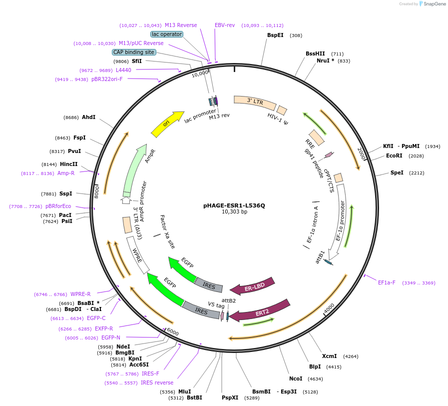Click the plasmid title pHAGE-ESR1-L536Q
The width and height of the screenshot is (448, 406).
pos(234,205)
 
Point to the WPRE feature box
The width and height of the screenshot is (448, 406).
pos(138,255)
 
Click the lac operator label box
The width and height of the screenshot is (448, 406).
pos(167,34)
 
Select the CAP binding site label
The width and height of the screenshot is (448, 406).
pos(134,52)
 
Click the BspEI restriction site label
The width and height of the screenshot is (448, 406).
pos(275,35)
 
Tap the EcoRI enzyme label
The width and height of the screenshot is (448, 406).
pos(394,155)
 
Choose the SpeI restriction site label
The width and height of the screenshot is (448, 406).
pos(397,172)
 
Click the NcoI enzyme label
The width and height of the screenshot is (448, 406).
pos(296,378)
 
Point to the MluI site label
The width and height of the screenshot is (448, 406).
pos(184,391)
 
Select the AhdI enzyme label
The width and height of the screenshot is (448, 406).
pos(88,117)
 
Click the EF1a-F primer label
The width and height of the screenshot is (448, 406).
pos(387,282)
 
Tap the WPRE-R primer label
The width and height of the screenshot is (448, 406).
pos(80,294)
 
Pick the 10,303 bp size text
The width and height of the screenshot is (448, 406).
pos(234,212)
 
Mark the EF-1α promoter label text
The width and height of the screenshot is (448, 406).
pos(341,221)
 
